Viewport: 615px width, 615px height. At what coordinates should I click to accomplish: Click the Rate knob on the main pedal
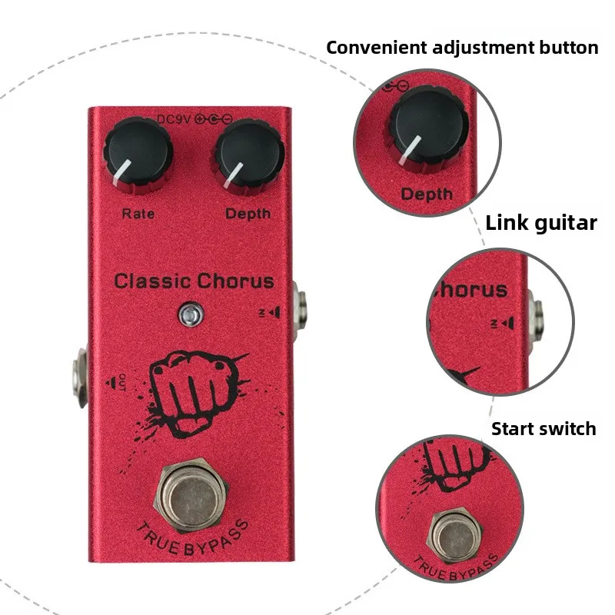(138, 156)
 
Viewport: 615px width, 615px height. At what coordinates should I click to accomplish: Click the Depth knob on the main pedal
(249, 157)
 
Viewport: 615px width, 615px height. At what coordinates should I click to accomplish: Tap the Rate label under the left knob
(138, 214)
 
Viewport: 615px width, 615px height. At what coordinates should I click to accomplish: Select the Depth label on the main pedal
(248, 214)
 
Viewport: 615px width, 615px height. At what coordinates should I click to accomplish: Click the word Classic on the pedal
(153, 281)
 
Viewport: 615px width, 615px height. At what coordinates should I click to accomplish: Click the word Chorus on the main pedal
(235, 281)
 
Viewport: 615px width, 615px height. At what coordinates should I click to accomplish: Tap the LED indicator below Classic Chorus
(191, 314)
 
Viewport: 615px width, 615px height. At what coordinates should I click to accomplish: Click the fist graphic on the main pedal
(195, 393)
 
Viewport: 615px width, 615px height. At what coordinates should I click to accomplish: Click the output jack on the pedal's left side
(80, 377)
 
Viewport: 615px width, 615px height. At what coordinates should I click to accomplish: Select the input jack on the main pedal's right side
(300, 306)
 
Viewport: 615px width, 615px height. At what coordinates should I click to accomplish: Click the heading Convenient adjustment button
(462, 48)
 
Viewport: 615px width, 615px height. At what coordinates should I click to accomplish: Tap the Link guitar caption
(541, 223)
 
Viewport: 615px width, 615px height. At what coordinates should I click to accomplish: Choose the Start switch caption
(544, 429)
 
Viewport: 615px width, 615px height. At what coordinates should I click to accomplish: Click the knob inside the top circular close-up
(427, 129)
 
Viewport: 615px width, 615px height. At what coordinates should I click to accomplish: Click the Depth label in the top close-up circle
(427, 194)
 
